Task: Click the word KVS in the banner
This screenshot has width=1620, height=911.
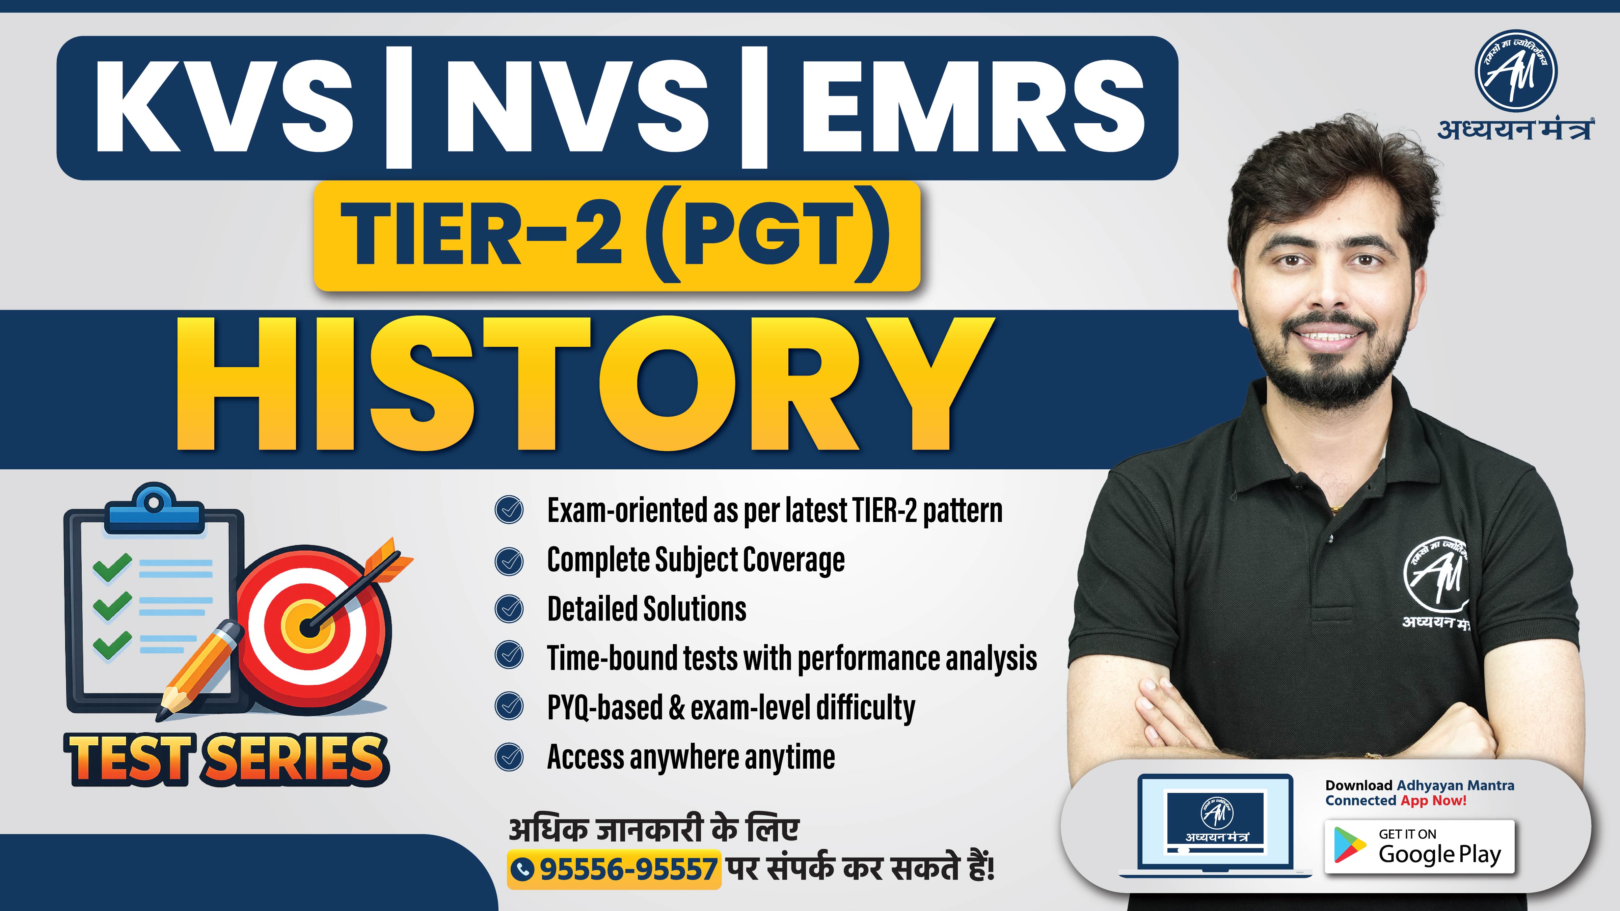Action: coord(223,108)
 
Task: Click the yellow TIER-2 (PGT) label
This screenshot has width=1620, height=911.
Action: coord(616,236)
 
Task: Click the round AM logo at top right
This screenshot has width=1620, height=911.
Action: coord(1516,71)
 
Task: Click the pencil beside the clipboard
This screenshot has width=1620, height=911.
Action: coord(200,669)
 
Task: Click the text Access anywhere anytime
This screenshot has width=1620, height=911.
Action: coord(691,756)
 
